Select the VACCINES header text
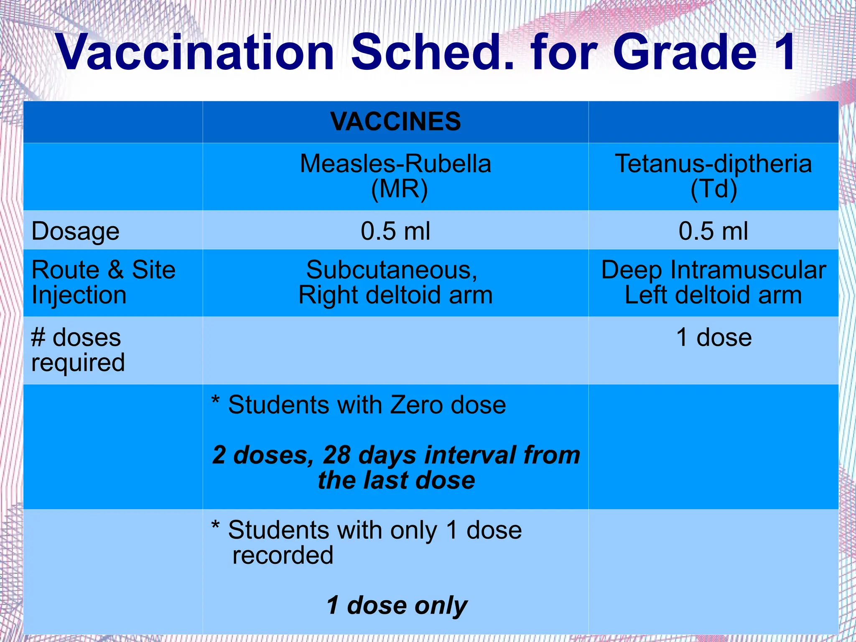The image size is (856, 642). coord(395,122)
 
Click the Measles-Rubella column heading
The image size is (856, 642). coord(395,163)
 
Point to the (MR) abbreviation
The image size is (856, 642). coord(399,189)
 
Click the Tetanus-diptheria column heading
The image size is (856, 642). coord(713,163)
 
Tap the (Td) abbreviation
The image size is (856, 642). coord(713,189)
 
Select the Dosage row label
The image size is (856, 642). coord(76,231)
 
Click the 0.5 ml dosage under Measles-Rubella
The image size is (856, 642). coord(395,231)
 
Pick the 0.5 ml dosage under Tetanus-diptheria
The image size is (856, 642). coord(713,231)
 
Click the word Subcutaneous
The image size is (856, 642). coord(391,270)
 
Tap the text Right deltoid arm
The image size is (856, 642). coord(395,295)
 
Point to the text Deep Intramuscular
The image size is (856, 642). coord(713,270)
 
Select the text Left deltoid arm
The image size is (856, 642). coord(713,295)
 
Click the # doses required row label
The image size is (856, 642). coord(77,350)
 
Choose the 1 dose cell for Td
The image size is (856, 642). coord(714,337)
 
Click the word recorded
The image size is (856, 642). coord(283,555)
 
